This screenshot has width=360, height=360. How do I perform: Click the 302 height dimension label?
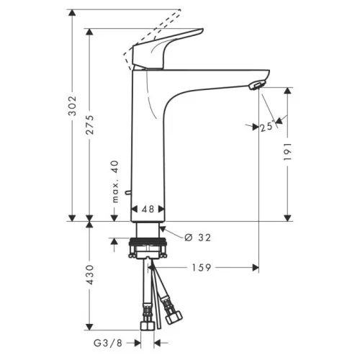(x=72, y=106)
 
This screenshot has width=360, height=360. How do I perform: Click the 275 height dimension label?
(x=90, y=125)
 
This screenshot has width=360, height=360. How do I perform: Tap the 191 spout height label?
(x=287, y=152)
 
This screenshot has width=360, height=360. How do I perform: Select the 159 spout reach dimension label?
(x=202, y=268)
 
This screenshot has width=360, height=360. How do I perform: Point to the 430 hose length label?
(x=90, y=274)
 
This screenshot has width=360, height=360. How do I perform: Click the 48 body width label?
(x=148, y=209)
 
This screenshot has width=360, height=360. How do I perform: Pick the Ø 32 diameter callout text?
(x=198, y=238)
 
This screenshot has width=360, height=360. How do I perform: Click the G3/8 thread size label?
(x=108, y=343)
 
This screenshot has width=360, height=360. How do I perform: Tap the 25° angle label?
(x=267, y=127)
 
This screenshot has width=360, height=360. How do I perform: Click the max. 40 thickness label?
(x=115, y=181)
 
